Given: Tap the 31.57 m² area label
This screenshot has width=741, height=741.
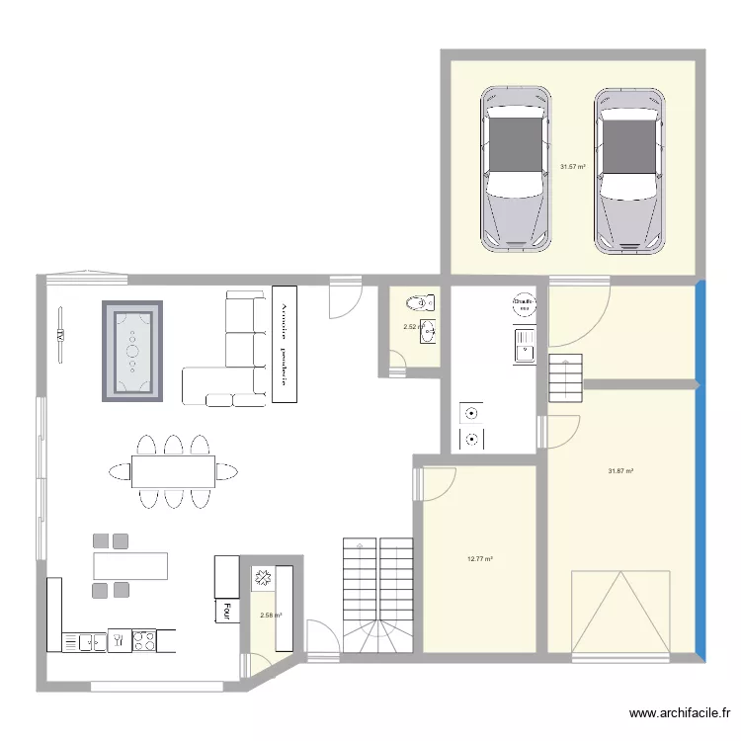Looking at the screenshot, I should pyautogui.click(x=573, y=167).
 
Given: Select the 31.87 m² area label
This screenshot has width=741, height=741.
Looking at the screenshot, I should pyautogui.click(x=620, y=471).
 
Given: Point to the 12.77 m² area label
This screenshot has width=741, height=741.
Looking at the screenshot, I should pyautogui.click(x=479, y=559).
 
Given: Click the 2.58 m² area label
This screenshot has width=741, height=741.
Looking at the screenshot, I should pyautogui.click(x=271, y=616).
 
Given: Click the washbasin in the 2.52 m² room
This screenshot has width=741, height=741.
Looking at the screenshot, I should pyautogui.click(x=428, y=332).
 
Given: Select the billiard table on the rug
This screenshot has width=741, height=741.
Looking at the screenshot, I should pyautogui.click(x=131, y=351).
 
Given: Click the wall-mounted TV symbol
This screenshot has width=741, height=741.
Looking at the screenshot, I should pyautogui.click(x=61, y=336).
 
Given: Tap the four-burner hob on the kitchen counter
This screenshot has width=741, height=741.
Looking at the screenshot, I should pyautogui.click(x=144, y=640).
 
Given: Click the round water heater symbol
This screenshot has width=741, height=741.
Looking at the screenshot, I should pyautogui.click(x=523, y=304).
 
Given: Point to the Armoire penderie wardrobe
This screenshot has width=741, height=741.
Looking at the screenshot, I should pyautogui.click(x=285, y=344).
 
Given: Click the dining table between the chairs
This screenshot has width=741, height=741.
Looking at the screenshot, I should pyautogui.click(x=173, y=471).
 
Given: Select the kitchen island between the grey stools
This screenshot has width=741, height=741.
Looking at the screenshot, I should pyautogui.click(x=130, y=565).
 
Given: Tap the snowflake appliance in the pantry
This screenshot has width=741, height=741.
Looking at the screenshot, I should pyautogui.click(x=264, y=578).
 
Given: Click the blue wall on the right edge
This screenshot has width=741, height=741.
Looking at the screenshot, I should pyautogui.click(x=700, y=469).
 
